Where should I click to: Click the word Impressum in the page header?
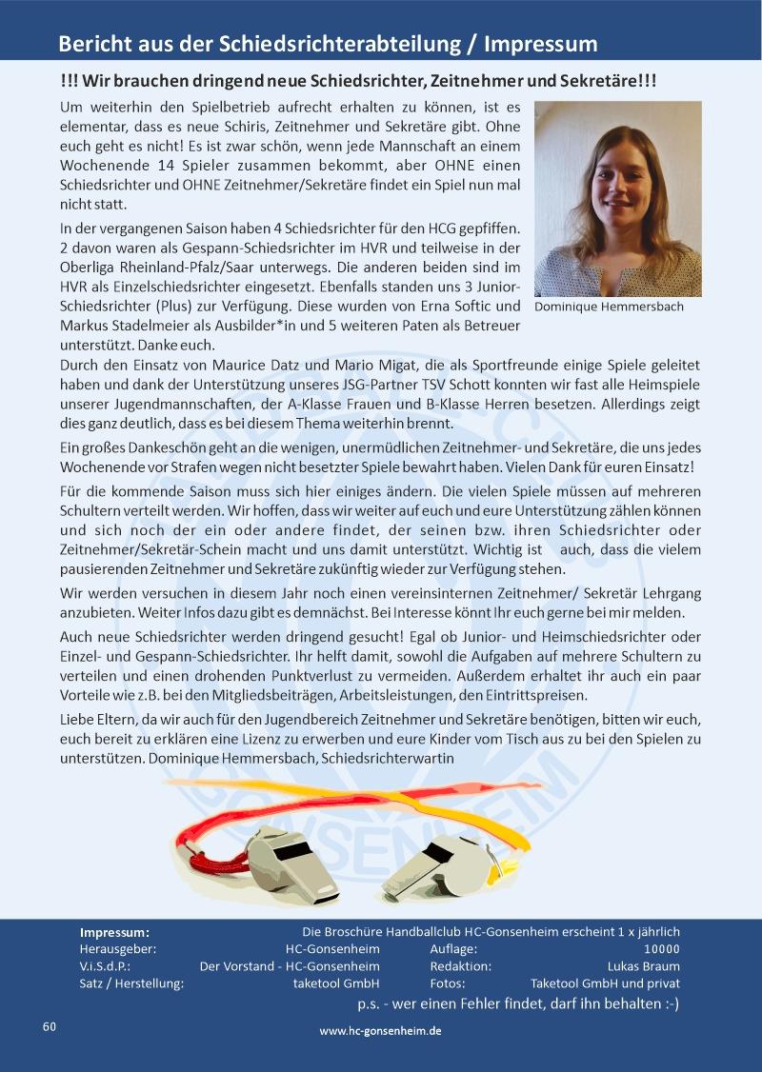541,44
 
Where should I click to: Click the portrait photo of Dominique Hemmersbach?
617,199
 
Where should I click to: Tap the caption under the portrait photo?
609,307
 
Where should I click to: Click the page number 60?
50,1026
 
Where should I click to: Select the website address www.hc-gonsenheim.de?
380,1030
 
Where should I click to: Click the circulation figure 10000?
662,949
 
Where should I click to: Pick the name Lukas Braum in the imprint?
644,966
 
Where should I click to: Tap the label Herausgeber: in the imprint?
118,949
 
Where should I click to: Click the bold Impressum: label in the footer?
114,932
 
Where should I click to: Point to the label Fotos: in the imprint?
448,983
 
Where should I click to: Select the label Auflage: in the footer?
454,949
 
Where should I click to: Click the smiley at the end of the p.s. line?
671,1003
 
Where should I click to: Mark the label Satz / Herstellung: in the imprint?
131,983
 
